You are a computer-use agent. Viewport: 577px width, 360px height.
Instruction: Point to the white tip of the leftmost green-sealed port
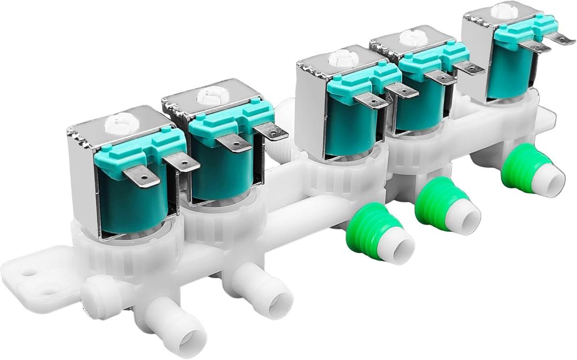point(400,246)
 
